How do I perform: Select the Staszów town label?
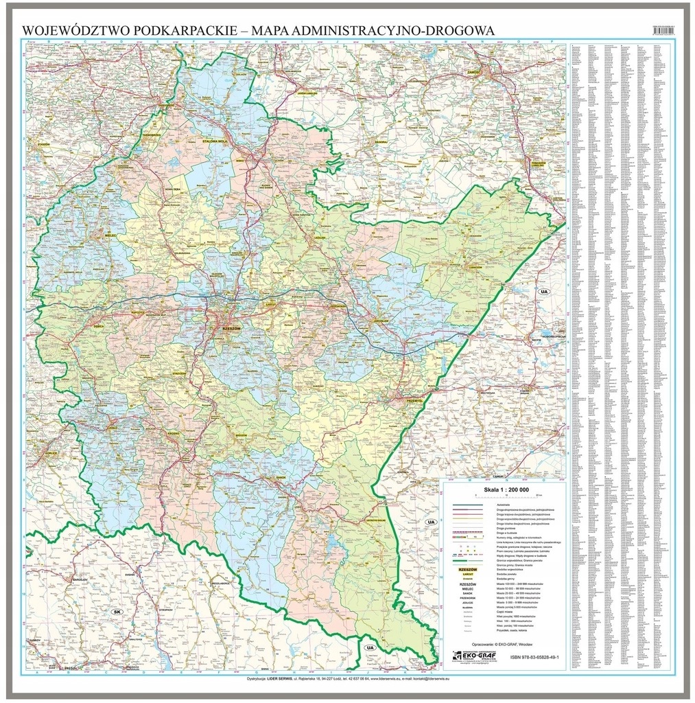pos(46,146)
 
